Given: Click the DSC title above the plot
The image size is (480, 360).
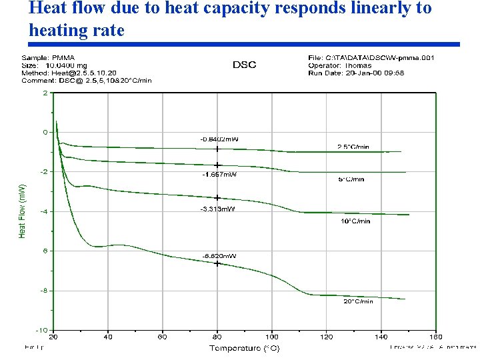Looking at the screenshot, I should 244,65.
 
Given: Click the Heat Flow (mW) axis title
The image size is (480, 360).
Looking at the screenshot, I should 22,211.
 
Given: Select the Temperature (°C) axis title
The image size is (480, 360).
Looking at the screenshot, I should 245,348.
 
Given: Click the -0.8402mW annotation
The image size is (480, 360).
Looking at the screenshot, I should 219,139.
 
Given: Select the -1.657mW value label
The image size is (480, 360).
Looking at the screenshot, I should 219,174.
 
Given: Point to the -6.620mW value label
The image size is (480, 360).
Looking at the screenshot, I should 219,255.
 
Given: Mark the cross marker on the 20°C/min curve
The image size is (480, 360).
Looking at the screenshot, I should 217,263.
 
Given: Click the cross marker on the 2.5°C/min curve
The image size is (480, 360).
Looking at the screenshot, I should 217,149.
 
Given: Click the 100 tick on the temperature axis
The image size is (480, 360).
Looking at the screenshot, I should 271,337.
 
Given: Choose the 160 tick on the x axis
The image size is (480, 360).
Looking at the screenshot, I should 435,337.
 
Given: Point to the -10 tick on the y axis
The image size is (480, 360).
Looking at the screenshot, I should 42,330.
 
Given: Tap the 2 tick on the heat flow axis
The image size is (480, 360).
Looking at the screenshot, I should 45,93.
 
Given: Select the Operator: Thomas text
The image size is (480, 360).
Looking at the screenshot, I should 341,65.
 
